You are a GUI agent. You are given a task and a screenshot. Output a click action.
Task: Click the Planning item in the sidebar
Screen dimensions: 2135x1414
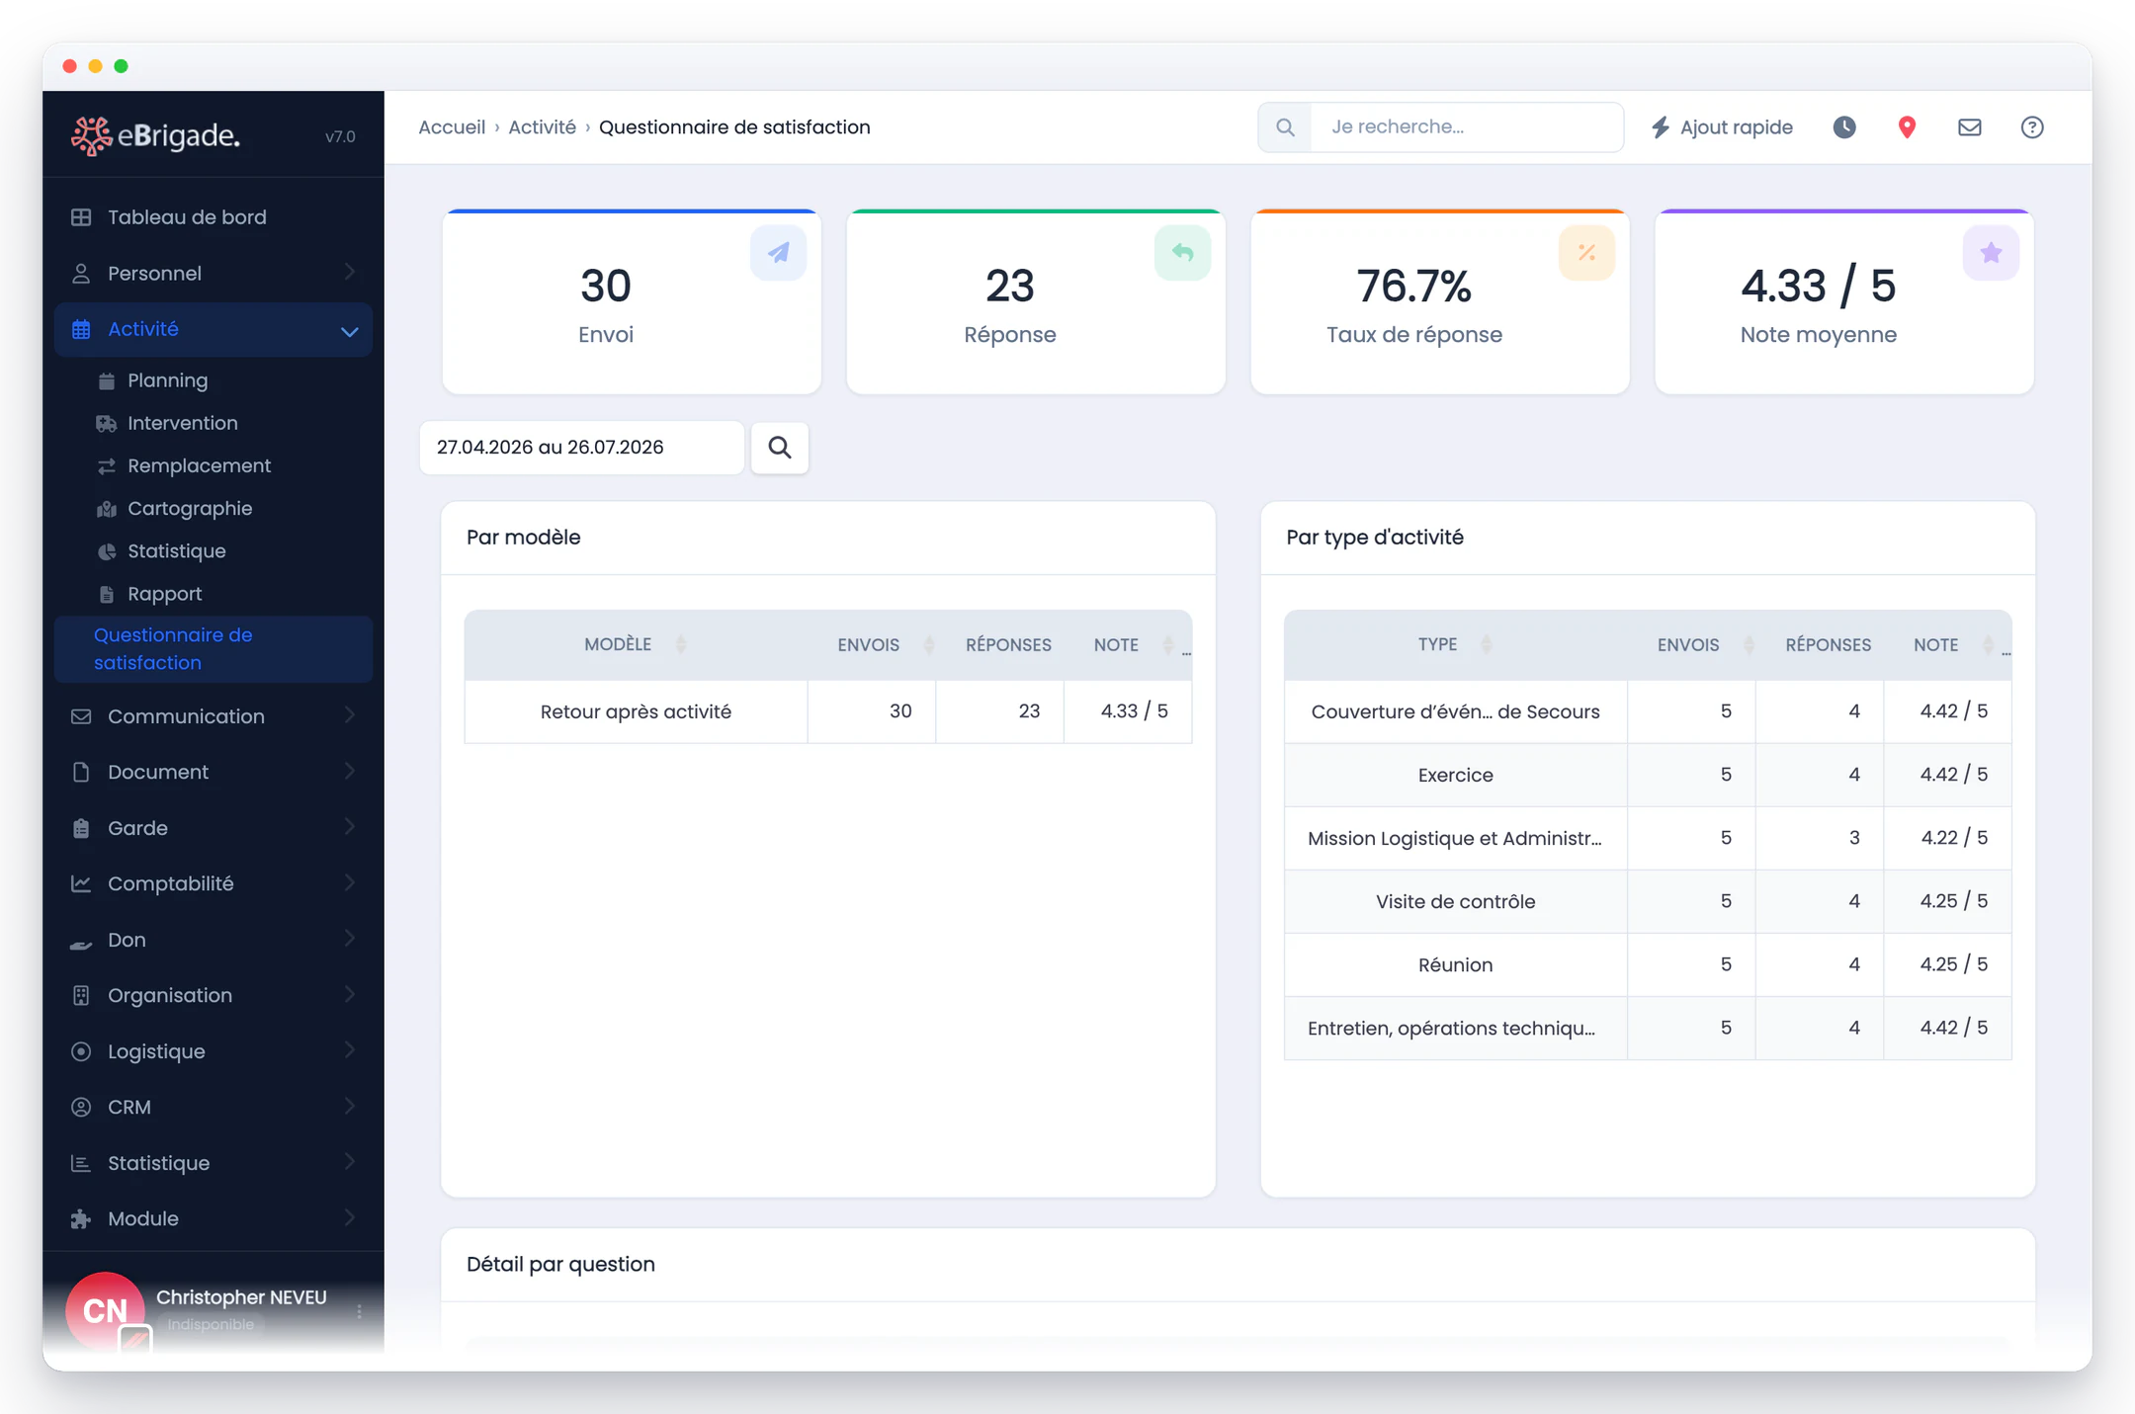[x=167, y=380]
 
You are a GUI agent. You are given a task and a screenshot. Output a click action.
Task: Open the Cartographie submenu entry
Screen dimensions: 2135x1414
[x=189, y=508]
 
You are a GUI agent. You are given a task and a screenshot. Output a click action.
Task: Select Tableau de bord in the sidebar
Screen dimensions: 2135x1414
[x=187, y=217]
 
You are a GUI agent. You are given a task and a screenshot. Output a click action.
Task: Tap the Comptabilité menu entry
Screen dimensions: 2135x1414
[x=170, y=883]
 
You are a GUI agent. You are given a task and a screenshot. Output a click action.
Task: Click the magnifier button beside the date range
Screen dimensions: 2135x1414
[x=780, y=448]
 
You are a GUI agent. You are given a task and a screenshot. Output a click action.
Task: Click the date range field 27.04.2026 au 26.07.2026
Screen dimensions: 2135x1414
[x=581, y=448]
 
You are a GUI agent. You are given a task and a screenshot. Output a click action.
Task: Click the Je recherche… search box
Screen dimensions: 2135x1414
[x=1467, y=126]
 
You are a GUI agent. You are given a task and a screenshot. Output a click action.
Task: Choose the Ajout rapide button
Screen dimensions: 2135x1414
[x=1722, y=127]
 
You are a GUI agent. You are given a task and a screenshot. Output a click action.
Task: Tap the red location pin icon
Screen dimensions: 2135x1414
[x=1907, y=127]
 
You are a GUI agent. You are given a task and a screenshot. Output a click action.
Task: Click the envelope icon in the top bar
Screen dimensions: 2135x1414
[x=1969, y=127]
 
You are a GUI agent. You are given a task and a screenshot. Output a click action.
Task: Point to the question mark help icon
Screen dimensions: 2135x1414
[x=2031, y=127]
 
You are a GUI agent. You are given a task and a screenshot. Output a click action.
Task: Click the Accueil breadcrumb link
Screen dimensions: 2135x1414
[x=452, y=127]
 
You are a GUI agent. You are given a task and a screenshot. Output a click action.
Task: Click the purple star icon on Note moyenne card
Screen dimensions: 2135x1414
[x=1991, y=253]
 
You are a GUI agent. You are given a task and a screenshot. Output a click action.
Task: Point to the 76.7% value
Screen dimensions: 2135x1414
[x=1413, y=286]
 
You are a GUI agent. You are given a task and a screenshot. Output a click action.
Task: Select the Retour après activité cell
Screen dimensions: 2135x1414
[x=636, y=711]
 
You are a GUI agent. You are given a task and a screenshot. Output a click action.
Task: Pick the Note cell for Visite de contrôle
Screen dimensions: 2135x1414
[x=1953, y=901]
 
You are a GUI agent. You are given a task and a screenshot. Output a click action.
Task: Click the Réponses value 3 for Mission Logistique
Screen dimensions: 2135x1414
[x=1854, y=838]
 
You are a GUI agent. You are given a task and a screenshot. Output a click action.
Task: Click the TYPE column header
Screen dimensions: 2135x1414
[x=1437, y=644]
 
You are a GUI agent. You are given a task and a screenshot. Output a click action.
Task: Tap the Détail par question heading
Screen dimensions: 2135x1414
[x=560, y=1264]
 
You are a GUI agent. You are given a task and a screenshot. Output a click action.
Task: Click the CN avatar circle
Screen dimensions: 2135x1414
[x=105, y=1310]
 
